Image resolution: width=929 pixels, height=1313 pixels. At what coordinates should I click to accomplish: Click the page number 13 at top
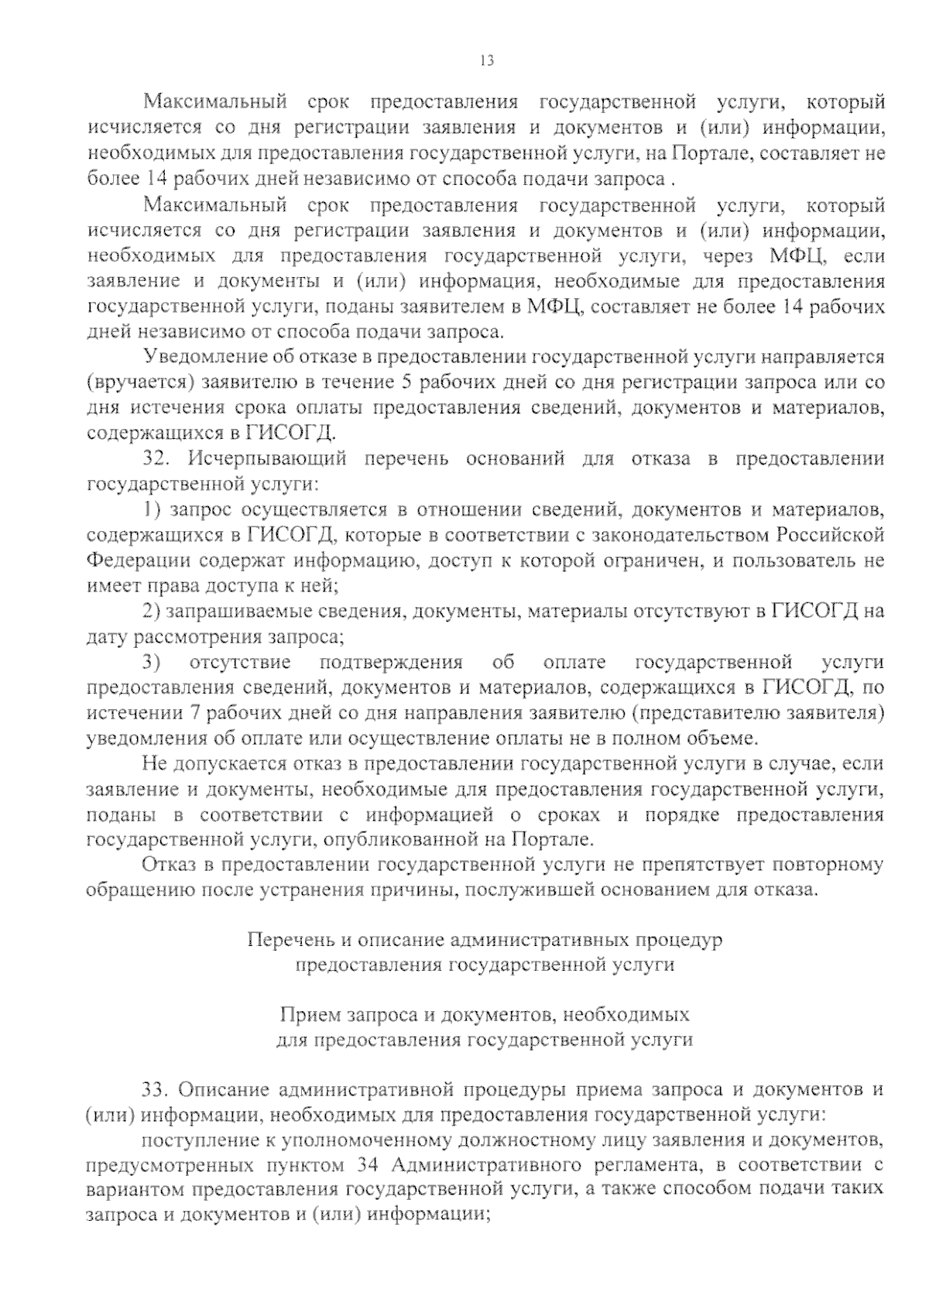(x=487, y=61)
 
